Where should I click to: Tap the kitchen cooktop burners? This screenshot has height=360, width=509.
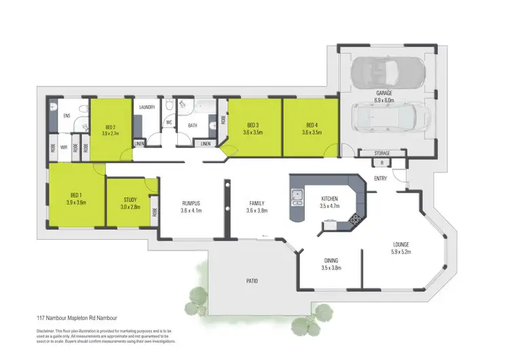click(354, 218)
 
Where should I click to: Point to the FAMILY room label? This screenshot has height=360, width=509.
click(257, 203)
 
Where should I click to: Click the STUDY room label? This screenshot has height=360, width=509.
click(130, 200)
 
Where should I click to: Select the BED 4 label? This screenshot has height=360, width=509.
click(312, 125)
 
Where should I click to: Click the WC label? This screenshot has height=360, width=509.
click(168, 123)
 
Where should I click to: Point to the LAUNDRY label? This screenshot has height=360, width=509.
click(147, 107)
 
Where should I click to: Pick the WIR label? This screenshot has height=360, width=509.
click(63, 146)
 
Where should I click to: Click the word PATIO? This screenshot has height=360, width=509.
click(251, 281)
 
